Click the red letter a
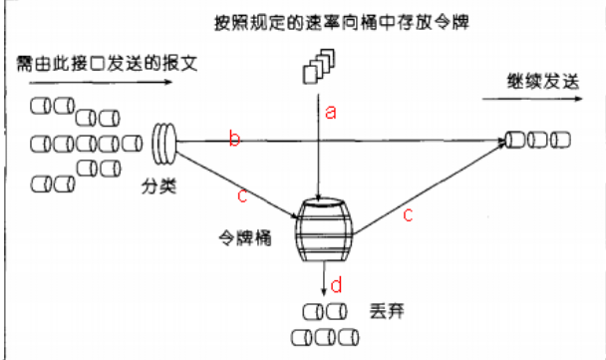point(331,114)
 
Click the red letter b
point(234,140)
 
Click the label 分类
point(157,186)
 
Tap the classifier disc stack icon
point(163,142)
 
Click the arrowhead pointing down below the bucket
point(323,290)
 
